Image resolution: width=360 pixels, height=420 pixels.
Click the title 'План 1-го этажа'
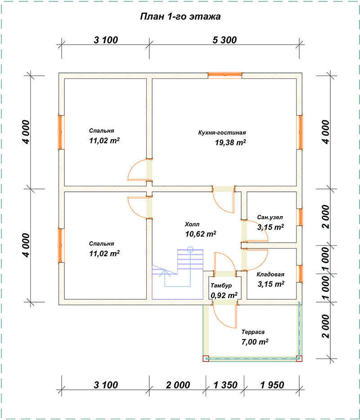180,17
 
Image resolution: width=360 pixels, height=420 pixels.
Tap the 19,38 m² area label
230,142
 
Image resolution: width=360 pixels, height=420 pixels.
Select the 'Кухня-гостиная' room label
222,133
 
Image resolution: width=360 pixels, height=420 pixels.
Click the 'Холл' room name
192,224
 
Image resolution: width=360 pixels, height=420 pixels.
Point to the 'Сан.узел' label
270,217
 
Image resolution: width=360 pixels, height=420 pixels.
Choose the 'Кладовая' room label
270,274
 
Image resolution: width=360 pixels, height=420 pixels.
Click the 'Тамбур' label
221,285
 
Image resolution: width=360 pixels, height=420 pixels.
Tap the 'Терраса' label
253,332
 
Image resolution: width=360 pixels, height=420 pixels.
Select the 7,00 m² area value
255,342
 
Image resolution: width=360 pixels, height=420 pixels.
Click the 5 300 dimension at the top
225,40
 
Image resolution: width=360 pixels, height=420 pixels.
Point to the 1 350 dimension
225,385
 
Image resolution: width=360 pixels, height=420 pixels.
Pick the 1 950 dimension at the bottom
272,385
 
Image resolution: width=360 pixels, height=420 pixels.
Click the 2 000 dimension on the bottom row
178,385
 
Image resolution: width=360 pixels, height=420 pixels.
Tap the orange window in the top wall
225,75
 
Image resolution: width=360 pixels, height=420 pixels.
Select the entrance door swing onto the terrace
225,316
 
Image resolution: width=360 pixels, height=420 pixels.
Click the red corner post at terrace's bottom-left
206,358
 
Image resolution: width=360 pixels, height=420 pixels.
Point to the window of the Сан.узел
301,217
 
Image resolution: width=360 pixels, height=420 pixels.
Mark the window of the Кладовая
301,274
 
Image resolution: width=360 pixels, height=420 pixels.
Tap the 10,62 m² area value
201,234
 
